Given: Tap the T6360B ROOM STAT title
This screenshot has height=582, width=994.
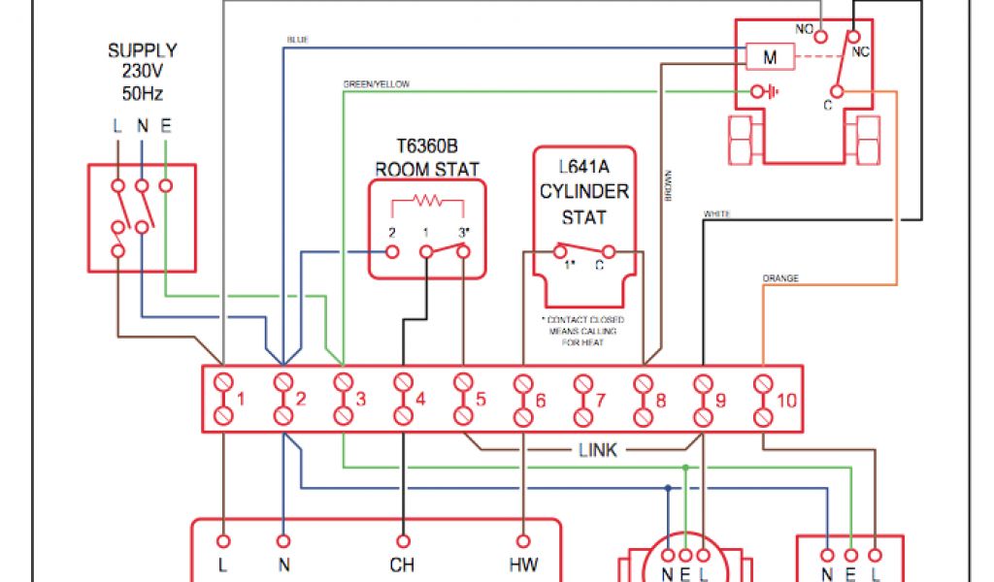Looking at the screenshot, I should pyautogui.click(x=427, y=158).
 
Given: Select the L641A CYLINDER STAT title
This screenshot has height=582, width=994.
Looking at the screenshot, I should pyautogui.click(x=584, y=190).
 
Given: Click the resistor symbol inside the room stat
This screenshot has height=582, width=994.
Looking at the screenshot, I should pyautogui.click(x=427, y=202).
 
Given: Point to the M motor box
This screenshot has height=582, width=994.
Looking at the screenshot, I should pyautogui.click(x=770, y=57).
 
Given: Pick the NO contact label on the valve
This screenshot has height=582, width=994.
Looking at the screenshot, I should pyautogui.click(x=805, y=29).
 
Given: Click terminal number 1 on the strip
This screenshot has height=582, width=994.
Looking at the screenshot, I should pyautogui.click(x=241, y=399).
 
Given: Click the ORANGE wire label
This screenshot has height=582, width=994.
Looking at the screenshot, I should pyautogui.click(x=780, y=278).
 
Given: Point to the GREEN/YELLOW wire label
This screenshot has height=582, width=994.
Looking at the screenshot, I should pyautogui.click(x=376, y=84).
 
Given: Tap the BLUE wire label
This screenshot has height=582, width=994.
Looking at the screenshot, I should pyautogui.click(x=297, y=40).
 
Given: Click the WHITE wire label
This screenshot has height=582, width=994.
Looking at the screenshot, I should pyautogui.click(x=716, y=213).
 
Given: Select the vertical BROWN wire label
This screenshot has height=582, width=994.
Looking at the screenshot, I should pyautogui.click(x=668, y=186).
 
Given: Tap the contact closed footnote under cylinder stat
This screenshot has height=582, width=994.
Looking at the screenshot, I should pyautogui.click(x=583, y=331).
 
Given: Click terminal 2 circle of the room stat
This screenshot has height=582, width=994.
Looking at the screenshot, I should pyautogui.click(x=393, y=252).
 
